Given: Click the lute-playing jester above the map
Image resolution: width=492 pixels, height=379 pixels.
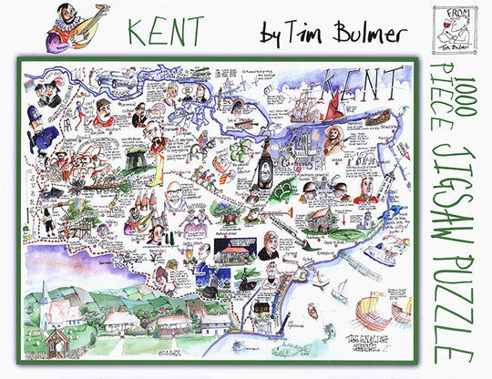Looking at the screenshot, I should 68,26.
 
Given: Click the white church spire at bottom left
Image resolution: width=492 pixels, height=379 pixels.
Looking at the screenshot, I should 45,296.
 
